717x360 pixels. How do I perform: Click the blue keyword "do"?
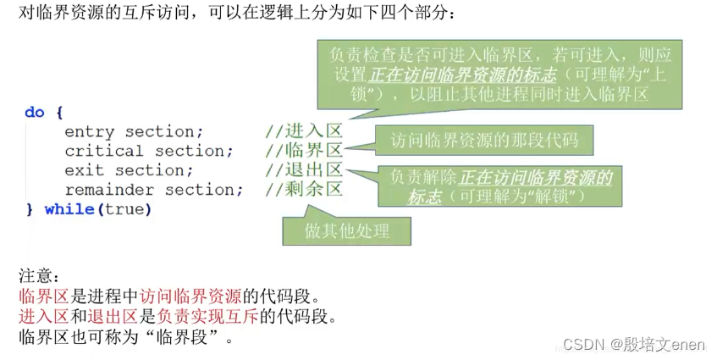pos(34,112)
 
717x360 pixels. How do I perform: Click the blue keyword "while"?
pos(68,209)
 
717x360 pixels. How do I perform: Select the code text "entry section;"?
pos(134,131)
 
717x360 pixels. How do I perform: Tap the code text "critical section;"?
pos(149,151)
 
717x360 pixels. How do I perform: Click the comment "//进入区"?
pos(303,131)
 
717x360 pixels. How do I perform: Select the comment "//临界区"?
pos(303,151)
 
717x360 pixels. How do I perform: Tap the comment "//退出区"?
pos(303,170)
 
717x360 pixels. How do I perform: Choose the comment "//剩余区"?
pos(303,190)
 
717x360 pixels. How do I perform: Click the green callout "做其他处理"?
pos(347,230)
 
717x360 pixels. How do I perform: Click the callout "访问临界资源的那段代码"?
pos(478,138)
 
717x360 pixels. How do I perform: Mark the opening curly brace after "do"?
pos(58,112)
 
